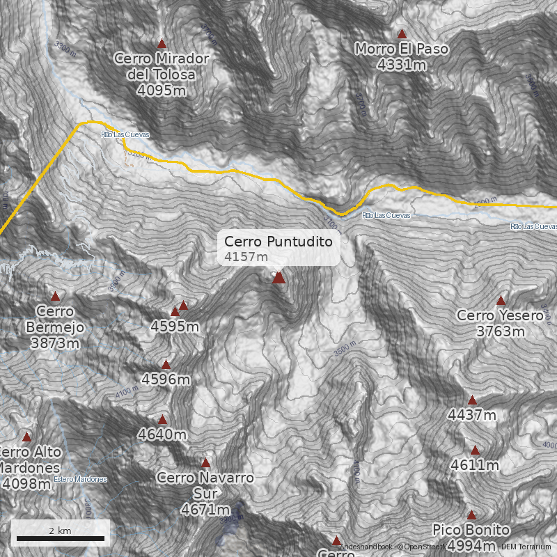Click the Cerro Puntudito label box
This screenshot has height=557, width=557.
point(281,249)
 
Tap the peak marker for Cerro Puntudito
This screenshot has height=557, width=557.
point(278,278)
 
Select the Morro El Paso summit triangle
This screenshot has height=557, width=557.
point(402,33)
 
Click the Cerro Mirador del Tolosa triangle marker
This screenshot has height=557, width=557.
point(162,43)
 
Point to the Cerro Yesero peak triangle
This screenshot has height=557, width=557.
point(501,300)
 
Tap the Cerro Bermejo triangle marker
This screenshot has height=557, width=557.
point(55,296)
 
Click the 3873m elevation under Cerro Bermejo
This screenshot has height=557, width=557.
point(54,343)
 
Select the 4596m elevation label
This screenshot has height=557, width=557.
point(166,379)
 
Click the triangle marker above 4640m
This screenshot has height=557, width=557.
point(162,420)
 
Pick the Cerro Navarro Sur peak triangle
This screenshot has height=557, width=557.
point(205,462)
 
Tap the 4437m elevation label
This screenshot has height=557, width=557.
point(472,416)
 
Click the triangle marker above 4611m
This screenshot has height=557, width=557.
point(475,450)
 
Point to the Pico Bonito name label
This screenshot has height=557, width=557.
point(471,531)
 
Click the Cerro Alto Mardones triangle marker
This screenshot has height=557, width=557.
point(27,437)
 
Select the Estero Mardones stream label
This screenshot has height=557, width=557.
point(80,479)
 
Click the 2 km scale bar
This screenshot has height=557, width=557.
point(61,538)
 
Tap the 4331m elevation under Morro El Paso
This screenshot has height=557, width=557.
point(402,65)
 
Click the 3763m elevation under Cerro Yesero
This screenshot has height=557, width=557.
point(501,331)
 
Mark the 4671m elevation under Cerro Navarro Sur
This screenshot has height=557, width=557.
point(205,510)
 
